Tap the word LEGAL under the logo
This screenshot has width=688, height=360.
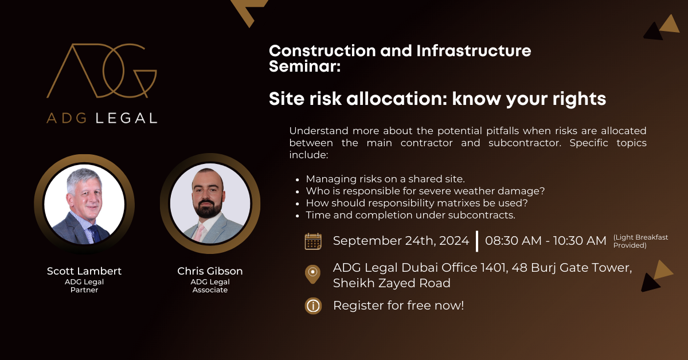(x=127, y=118)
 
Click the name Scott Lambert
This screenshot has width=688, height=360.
(x=84, y=271)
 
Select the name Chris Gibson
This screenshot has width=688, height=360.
(x=210, y=271)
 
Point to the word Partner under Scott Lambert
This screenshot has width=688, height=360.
(x=84, y=289)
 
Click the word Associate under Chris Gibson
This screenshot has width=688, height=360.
(x=210, y=289)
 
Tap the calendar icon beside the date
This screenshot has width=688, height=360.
(x=313, y=241)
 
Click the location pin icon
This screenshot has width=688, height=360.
(x=312, y=274)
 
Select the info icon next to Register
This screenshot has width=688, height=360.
(x=313, y=306)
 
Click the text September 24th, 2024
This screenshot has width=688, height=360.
(x=401, y=241)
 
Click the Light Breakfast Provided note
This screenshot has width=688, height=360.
(x=640, y=241)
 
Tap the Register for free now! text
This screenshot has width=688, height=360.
(x=398, y=306)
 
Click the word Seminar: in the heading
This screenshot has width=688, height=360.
(x=304, y=66)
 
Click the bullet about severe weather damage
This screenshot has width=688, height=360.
(x=425, y=191)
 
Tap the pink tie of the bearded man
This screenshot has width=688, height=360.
(x=198, y=233)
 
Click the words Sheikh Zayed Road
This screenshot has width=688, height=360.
(x=392, y=283)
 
